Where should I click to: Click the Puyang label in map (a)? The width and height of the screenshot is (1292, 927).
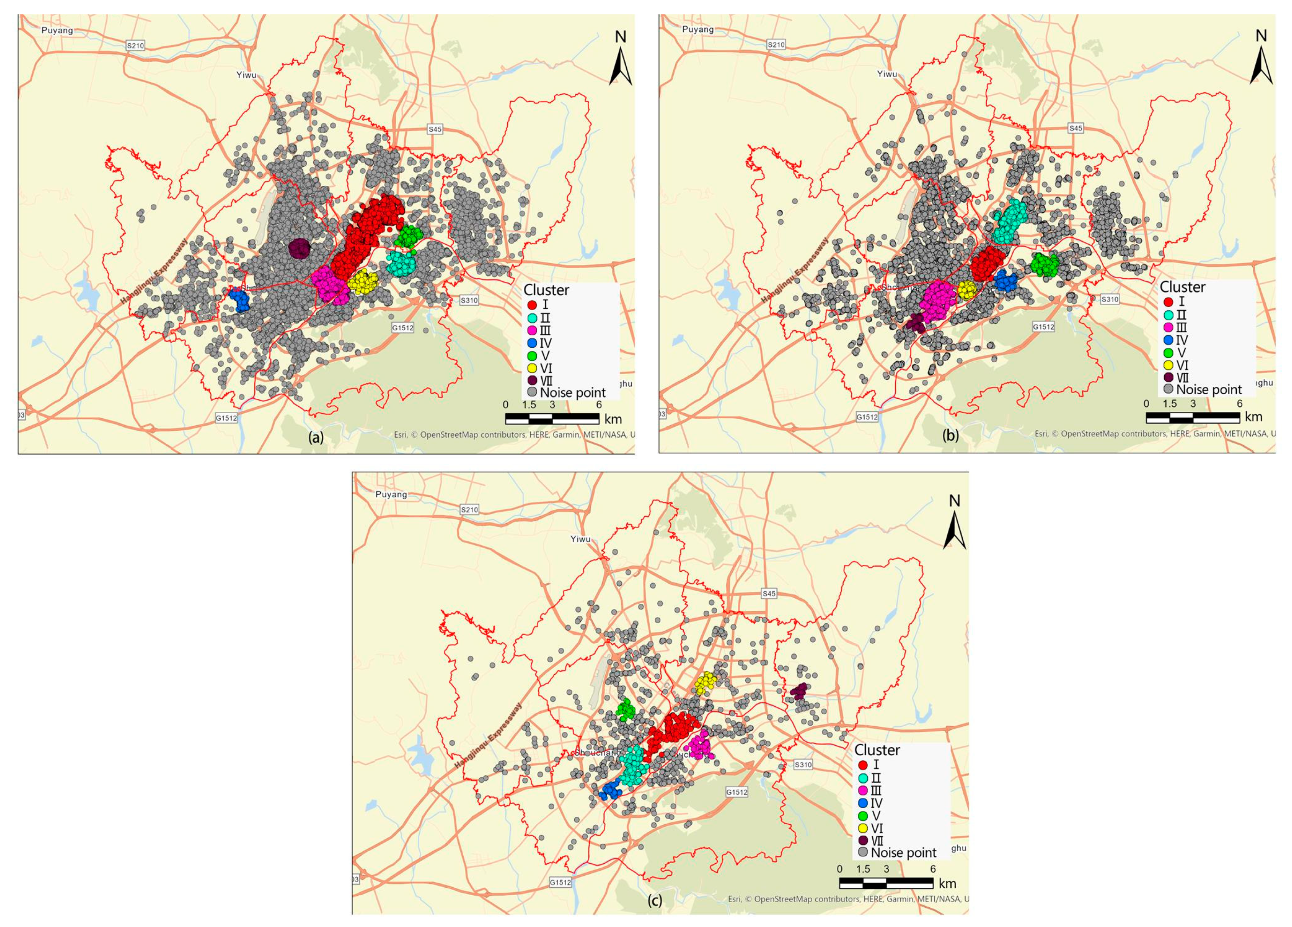(x=58, y=30)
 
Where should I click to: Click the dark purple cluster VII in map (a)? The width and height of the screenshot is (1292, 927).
(x=299, y=248)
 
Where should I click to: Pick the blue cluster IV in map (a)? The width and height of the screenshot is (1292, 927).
(x=241, y=300)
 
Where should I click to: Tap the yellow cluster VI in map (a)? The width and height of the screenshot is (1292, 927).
(x=363, y=281)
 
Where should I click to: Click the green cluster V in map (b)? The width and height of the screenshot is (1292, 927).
(x=1045, y=264)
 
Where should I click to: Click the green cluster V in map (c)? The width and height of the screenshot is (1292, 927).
(x=626, y=709)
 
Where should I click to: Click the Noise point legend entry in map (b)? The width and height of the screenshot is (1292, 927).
(x=1202, y=390)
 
